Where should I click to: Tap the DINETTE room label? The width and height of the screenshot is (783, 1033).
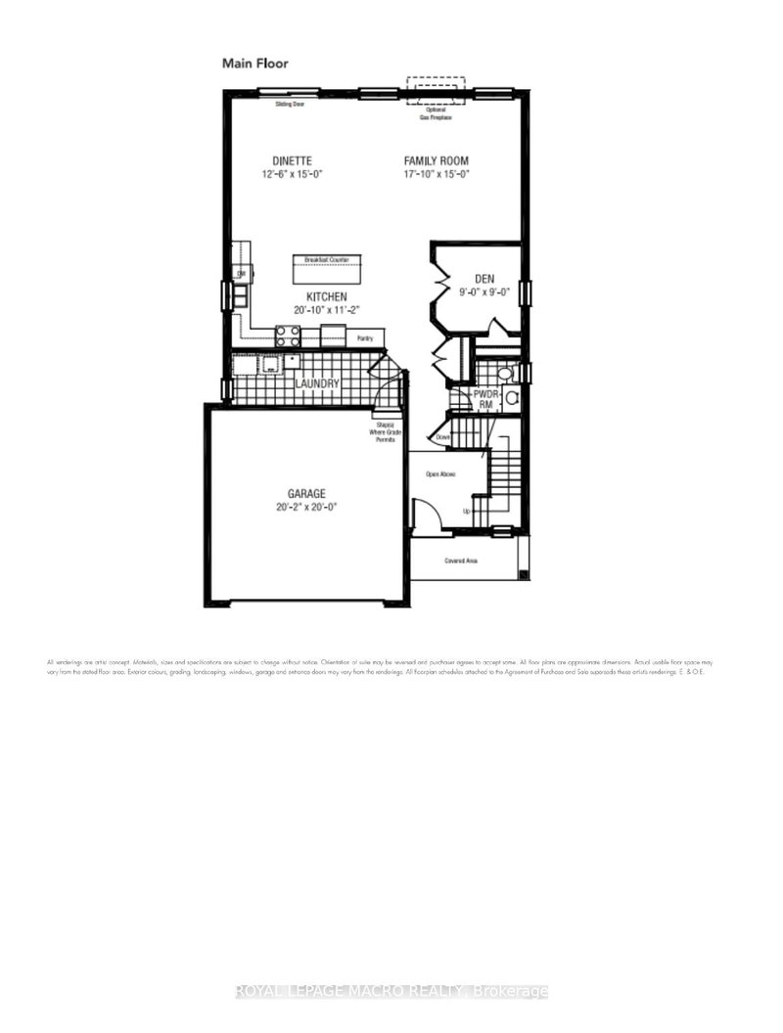pos(293,160)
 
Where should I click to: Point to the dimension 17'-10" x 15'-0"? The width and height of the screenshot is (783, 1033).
pos(438,174)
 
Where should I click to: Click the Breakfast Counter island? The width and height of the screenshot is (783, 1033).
pos(326,266)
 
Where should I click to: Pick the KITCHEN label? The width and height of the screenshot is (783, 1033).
pos(326,296)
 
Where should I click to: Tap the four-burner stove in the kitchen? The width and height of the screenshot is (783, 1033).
pos(287,337)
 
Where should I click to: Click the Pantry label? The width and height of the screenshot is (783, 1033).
pos(365,337)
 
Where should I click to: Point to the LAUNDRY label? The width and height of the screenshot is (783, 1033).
pos(319,384)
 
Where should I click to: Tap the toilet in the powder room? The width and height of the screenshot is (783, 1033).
pos(504,373)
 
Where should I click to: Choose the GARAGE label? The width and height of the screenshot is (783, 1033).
pos(306,494)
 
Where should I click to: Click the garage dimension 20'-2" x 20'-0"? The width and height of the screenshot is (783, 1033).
pos(306,507)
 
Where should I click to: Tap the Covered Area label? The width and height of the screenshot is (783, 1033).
pos(460,561)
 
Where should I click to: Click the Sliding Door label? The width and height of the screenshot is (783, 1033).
pos(289,103)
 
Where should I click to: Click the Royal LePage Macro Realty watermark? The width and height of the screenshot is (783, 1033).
pos(391,991)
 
